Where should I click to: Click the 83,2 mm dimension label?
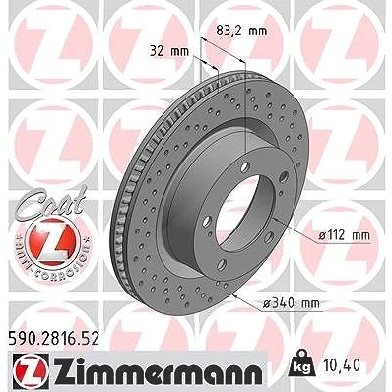click(241, 32)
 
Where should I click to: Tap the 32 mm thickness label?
click(169, 51)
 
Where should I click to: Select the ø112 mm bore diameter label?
click(345, 235)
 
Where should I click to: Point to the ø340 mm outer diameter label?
click(292, 303)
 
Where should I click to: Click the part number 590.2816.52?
click(52, 339)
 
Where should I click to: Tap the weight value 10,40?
click(345, 364)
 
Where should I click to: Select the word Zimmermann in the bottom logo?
click(159, 369)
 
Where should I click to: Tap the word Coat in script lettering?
click(52, 201)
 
